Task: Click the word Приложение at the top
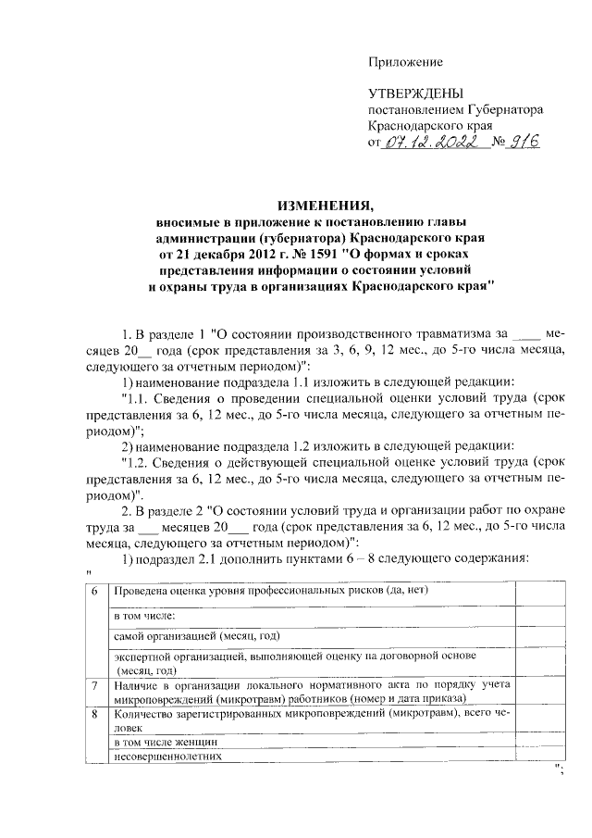pos(405,62)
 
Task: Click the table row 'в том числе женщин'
pos(166,742)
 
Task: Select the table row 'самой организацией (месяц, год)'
pos(195,636)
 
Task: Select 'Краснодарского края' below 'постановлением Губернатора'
pos(430,125)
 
